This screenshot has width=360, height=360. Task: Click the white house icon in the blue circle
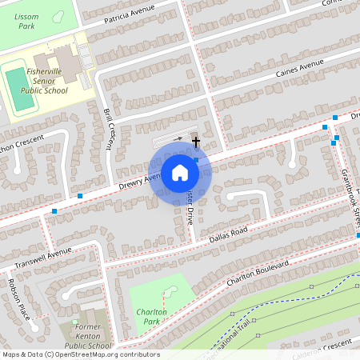[180, 172]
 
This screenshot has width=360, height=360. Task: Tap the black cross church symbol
[196, 142]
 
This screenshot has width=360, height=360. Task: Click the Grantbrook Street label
[347, 184]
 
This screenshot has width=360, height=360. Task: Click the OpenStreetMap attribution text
[81, 354]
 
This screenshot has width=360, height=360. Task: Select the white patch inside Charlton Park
[171, 292]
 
